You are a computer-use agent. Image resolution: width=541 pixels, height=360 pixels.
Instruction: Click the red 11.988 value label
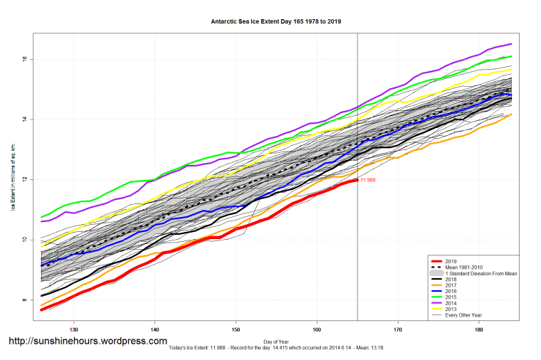368,180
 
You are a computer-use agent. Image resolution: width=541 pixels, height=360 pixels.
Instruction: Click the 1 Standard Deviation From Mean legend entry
478,274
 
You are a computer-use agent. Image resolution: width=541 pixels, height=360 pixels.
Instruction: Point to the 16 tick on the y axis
23,58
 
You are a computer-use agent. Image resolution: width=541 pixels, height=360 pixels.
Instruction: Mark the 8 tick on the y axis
23,300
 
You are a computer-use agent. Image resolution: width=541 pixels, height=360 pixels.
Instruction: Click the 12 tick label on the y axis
23,179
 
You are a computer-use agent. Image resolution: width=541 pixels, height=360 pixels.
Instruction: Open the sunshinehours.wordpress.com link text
88,342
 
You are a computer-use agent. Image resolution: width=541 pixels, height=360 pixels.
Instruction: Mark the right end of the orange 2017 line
511,114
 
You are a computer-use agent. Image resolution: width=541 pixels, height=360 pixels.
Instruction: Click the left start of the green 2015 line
41,217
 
